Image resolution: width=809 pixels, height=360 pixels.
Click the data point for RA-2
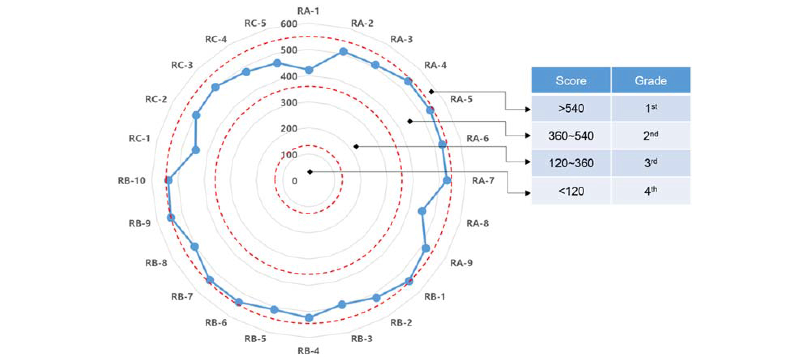(343, 52)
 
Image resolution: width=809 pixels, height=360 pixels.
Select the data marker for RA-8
(422, 211)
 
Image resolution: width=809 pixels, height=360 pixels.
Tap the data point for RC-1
(196, 150)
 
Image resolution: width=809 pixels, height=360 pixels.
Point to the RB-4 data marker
(309, 318)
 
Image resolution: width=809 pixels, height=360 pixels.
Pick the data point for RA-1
(309, 70)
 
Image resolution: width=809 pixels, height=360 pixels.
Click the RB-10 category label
(131, 181)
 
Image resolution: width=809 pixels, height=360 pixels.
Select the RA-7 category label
(483, 181)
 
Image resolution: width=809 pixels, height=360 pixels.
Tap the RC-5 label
(255, 23)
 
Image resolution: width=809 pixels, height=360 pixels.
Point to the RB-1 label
(435, 297)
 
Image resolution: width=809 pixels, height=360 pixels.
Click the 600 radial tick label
(289, 24)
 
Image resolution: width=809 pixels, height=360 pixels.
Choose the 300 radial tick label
(289, 103)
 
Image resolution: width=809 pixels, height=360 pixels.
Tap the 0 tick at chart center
(295, 181)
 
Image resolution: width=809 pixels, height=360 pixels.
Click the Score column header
(571, 80)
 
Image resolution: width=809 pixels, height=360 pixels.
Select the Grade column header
(651, 80)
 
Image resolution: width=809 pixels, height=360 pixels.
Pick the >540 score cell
(571, 108)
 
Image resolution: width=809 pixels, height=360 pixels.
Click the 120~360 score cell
(571, 163)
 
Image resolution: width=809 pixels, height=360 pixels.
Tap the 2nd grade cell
(651, 136)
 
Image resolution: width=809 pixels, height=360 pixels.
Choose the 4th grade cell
(651, 191)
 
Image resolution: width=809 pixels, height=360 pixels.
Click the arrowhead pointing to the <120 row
(528, 193)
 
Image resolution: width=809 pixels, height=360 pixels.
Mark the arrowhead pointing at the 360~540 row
(528, 136)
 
